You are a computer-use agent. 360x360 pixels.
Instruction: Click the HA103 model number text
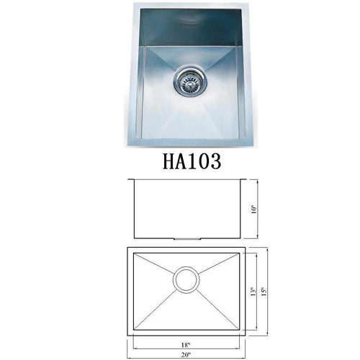(x=192, y=161)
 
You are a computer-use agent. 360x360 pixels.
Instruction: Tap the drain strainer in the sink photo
(x=189, y=82)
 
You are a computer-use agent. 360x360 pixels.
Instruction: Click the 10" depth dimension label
(x=254, y=210)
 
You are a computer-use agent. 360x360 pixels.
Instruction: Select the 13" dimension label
(x=253, y=291)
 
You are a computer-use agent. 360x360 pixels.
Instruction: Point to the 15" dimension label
(x=264, y=291)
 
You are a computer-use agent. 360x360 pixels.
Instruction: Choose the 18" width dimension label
(x=186, y=345)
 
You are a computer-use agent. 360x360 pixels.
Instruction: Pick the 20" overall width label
(x=186, y=354)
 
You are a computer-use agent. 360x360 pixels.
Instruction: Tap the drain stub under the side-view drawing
(x=186, y=239)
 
